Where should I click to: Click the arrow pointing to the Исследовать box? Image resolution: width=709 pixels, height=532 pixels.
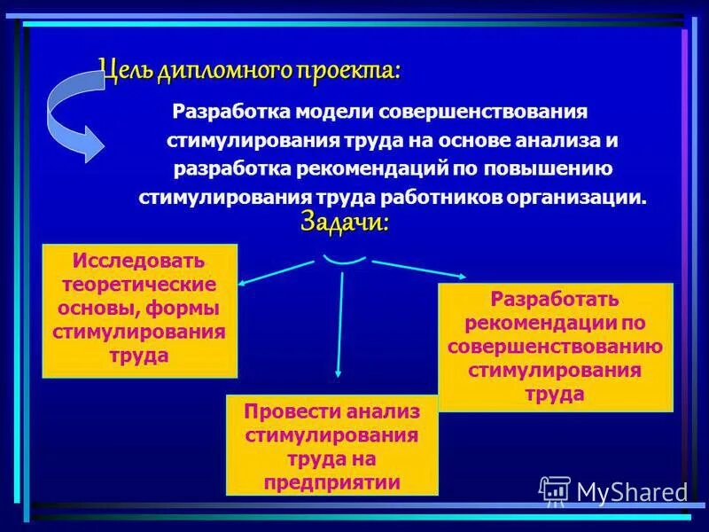pos(275,273)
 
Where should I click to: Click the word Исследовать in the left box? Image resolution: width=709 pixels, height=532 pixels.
pos(139,262)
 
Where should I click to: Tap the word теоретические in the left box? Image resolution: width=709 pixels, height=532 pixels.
pos(139,286)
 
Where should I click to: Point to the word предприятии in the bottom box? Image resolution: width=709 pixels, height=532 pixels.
pos(332,482)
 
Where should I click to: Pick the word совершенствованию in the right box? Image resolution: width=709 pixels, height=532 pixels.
pos(555,346)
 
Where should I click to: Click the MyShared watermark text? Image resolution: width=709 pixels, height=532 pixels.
pos(631,491)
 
